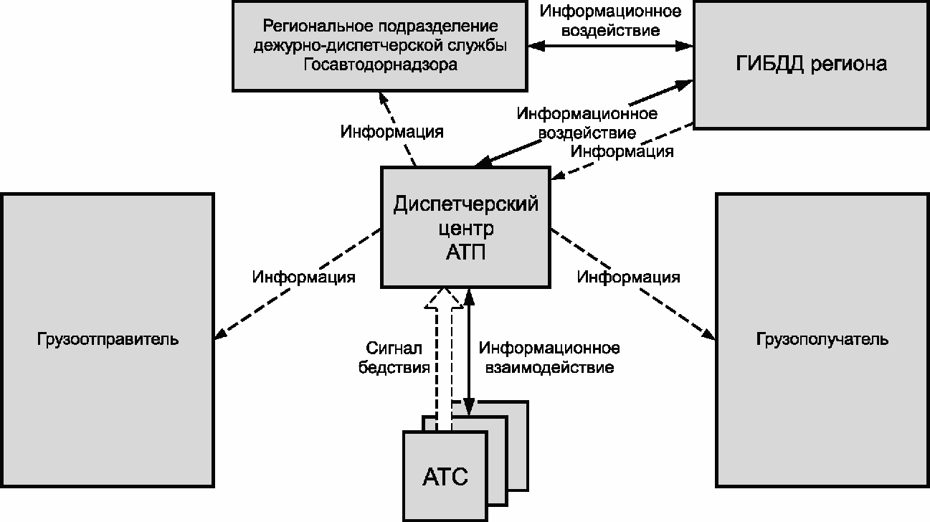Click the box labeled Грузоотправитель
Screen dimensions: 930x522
pos(108,340)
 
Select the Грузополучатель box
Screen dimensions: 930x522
pos(822,340)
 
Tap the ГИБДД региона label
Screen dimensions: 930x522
pos(811,64)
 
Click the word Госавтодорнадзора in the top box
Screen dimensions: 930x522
pos(380,65)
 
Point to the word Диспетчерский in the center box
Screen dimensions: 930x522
pos(466,204)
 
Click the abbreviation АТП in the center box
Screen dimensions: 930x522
pos(466,252)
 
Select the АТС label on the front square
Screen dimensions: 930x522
pos(445,477)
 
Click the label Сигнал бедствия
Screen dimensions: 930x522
pos(394,358)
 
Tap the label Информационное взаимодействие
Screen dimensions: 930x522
pos(549,358)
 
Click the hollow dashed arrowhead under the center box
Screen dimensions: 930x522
pos(444,298)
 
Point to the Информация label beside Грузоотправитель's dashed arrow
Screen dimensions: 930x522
pos(303,277)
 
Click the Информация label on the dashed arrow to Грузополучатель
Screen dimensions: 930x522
pos(629,277)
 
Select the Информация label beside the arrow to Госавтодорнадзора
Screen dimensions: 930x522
pos(392,132)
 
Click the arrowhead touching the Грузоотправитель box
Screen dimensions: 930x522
pos(220,335)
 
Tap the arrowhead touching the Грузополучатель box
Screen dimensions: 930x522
pos(710,334)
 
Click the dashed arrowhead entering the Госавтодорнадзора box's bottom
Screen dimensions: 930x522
pos(383,98)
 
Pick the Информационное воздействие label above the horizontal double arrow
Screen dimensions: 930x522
pos(610,21)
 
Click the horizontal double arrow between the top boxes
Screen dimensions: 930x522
pos(610,46)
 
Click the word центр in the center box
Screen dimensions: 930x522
pos(466,229)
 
